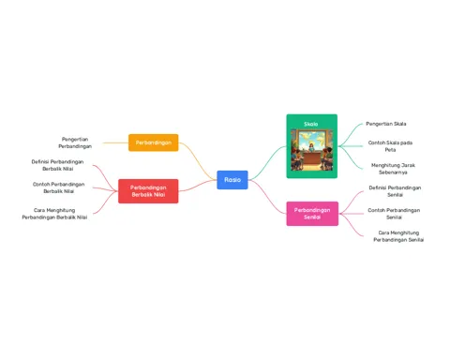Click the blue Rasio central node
coord(232,180)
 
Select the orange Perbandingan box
coord(154,142)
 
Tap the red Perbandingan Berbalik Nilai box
coord(148,191)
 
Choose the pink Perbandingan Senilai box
coord(312,214)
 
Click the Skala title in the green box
coord(311,124)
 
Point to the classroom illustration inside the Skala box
coord(312,150)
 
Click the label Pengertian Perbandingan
coord(75,142)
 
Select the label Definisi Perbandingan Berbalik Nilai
coord(57,165)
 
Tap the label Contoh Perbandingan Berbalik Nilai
coord(58,187)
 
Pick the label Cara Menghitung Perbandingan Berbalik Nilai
coord(54,214)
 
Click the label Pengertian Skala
coord(386,124)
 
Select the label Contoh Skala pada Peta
coord(390,146)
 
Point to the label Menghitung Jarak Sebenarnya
coord(393,169)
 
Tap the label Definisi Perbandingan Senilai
coord(395,191)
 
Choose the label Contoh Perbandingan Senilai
coord(394,214)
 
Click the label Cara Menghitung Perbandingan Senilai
coord(398,236)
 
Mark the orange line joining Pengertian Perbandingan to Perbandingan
coord(115,142)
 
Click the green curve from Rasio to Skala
coord(268,162)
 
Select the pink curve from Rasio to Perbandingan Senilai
coord(267,197)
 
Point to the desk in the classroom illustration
coord(311,157)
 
